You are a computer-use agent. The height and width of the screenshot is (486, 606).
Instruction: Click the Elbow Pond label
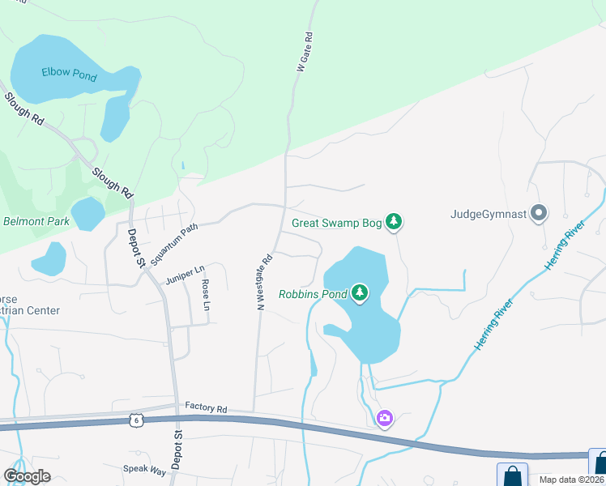coord(70,75)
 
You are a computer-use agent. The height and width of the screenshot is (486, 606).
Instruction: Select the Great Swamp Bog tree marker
coord(394,221)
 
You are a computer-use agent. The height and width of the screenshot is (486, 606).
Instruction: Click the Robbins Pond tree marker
coord(360,293)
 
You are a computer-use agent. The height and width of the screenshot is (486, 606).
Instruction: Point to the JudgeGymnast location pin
coord(540,214)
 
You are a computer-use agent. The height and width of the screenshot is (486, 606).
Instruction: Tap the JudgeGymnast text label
coord(488,215)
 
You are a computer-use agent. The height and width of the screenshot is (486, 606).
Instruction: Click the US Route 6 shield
coord(136,419)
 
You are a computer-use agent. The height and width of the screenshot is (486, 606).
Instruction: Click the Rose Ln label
coord(206,296)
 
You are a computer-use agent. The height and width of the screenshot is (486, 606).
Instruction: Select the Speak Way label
coord(144,469)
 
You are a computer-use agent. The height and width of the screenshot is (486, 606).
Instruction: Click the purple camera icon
coord(385,418)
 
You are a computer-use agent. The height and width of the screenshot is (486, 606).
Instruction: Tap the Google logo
coord(27,475)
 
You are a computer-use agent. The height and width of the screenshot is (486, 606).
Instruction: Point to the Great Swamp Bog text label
coord(336,221)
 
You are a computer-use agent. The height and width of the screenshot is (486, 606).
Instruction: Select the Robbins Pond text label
coord(313,294)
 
